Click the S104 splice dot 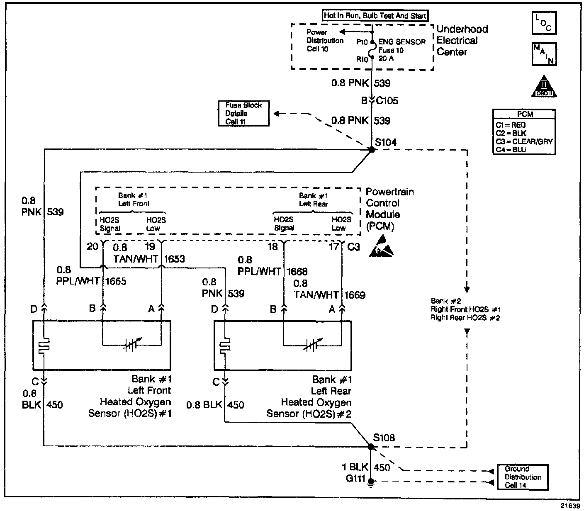point(372,149)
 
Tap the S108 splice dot point(370,447)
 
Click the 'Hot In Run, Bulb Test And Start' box point(375,16)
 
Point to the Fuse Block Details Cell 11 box point(243,113)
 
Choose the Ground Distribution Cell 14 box point(523,477)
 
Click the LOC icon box point(544,23)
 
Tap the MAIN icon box point(544,54)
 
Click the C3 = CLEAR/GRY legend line point(524,141)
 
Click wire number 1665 point(116,281)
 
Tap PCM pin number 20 point(92,247)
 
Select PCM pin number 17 point(333,247)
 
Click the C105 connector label point(387,101)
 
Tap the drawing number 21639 point(570,506)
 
